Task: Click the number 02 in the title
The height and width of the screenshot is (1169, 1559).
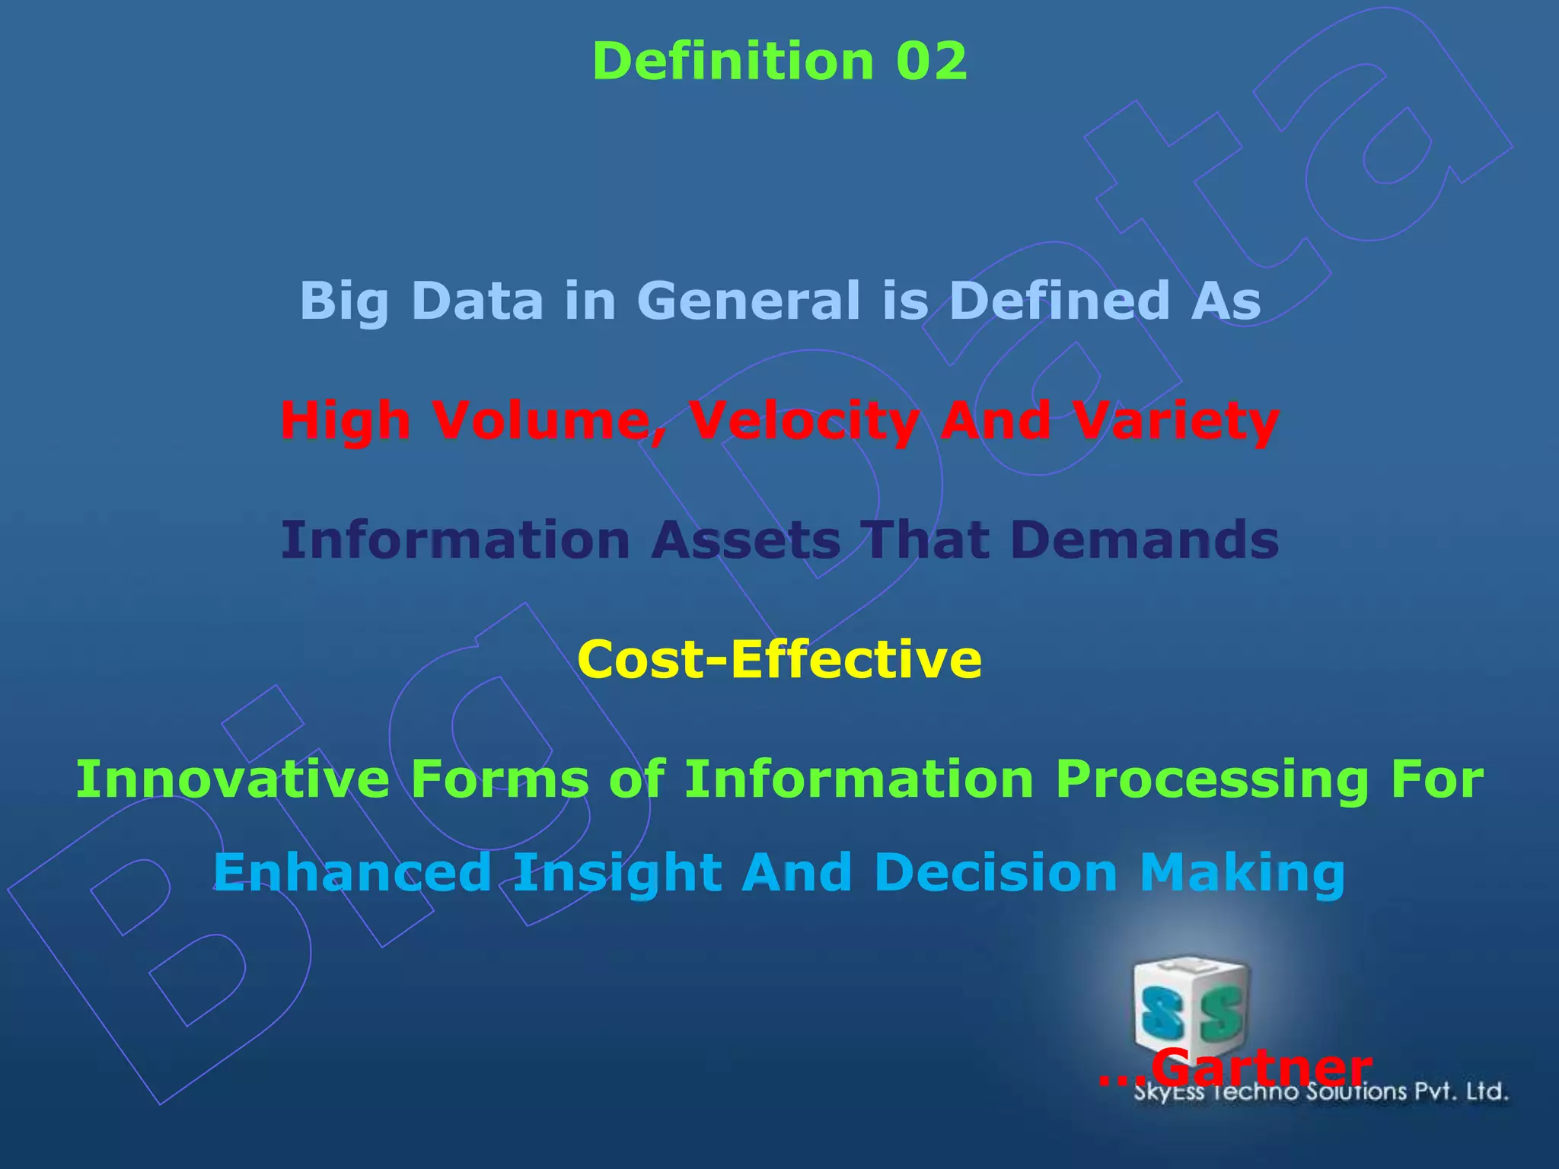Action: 931,61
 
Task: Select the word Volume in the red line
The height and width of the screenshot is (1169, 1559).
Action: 548,420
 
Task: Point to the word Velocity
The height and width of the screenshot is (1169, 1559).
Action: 803,420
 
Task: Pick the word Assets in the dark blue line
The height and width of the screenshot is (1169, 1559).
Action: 746,540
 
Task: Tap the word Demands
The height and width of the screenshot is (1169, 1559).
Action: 1145,540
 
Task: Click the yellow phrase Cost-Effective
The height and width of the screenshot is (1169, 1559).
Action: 779,659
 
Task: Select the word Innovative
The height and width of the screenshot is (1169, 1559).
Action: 232,779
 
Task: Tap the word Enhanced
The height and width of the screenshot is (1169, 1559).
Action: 352,872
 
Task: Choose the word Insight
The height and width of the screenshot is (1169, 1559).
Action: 617,872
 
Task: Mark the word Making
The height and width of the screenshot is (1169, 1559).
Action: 1242,872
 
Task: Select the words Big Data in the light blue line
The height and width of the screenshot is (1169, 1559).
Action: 422,300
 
